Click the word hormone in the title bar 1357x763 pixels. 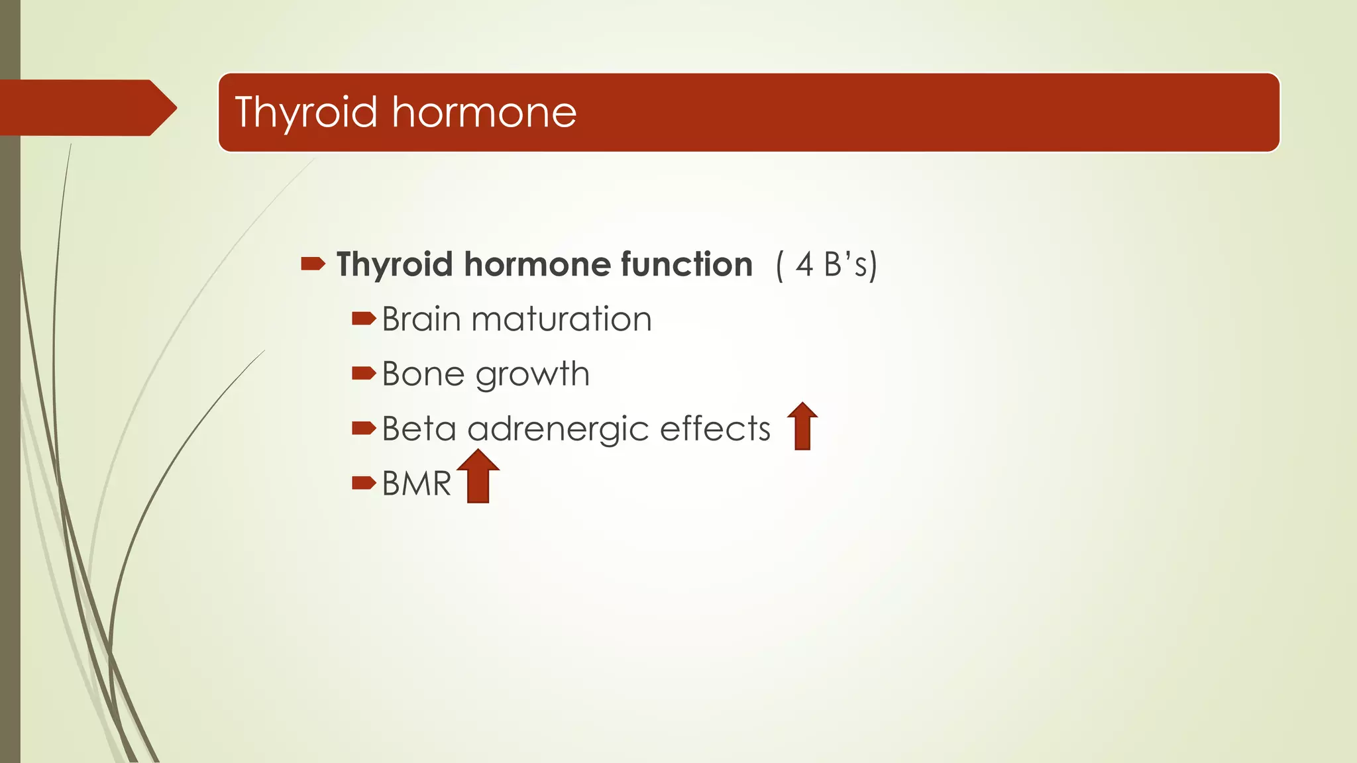484,112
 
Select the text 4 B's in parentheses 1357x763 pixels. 827,264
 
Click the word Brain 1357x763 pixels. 421,319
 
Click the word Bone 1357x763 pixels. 423,374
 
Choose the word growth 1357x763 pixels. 532,376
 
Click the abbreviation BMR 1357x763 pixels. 416,484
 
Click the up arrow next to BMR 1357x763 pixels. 478,477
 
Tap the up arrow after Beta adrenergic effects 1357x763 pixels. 802,427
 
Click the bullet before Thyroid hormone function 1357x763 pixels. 313,264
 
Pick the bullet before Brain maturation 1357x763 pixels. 364,320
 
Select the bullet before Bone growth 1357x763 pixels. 364,374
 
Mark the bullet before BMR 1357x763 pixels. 364,483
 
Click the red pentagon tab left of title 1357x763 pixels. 86,108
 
